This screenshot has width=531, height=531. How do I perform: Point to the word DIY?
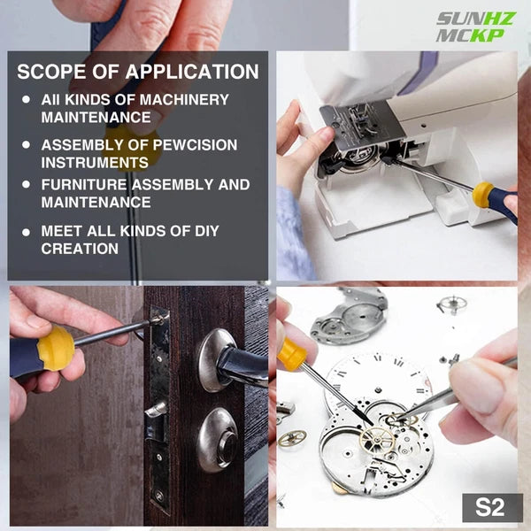[x=202, y=231]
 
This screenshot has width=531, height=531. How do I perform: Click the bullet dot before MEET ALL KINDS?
[x=26, y=232]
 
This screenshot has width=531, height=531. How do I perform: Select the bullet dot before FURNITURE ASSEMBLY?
[x=26, y=186]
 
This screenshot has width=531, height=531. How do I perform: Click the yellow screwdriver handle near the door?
[x=54, y=348]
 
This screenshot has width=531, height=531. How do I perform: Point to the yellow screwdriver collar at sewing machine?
[x=483, y=195]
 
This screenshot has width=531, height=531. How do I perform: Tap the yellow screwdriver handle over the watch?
[x=292, y=354]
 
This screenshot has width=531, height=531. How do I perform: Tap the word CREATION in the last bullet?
[x=80, y=249]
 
